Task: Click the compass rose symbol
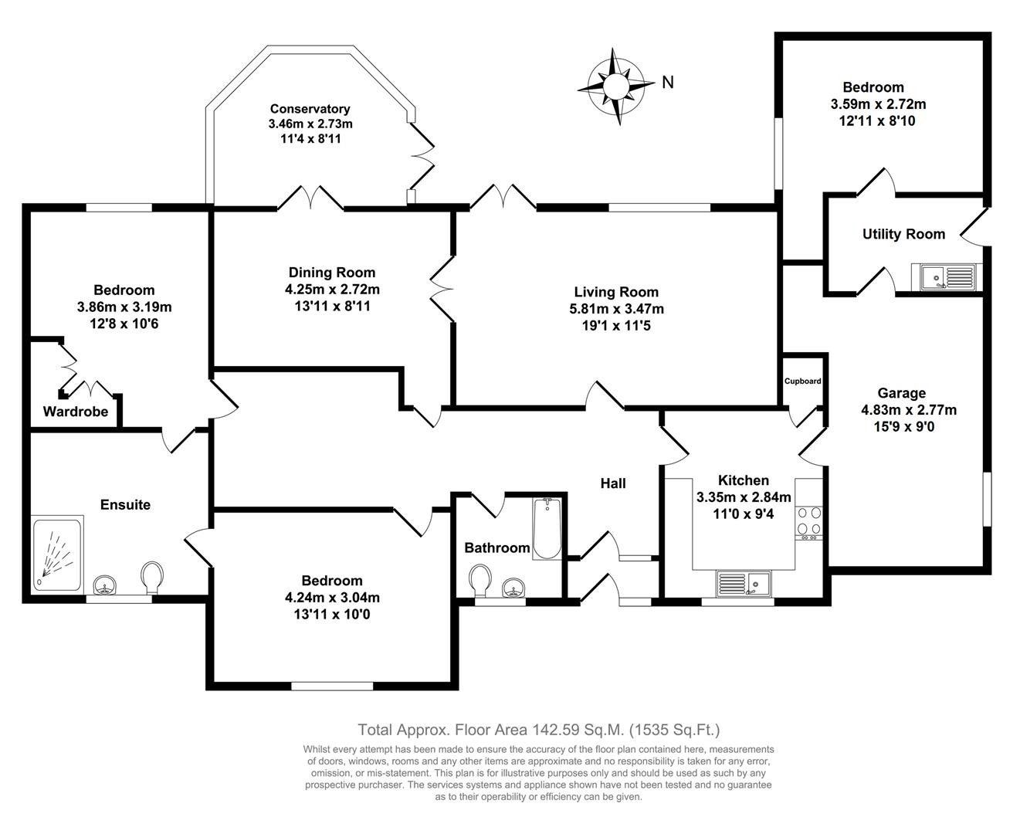tap(615, 85)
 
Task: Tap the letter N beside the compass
tap(668, 82)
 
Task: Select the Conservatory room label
tap(310, 109)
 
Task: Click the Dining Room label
tap(332, 272)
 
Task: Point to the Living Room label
tap(616, 292)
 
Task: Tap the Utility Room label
tap(903, 234)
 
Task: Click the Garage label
tap(901, 393)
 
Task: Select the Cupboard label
tap(803, 381)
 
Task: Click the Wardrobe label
tap(76, 412)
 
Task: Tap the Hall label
tap(613, 483)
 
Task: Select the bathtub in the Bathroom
tap(547, 529)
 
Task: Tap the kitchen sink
tap(744, 581)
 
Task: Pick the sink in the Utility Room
tap(944, 276)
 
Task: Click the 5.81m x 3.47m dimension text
tap(616, 309)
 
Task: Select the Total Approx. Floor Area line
tap(538, 729)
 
